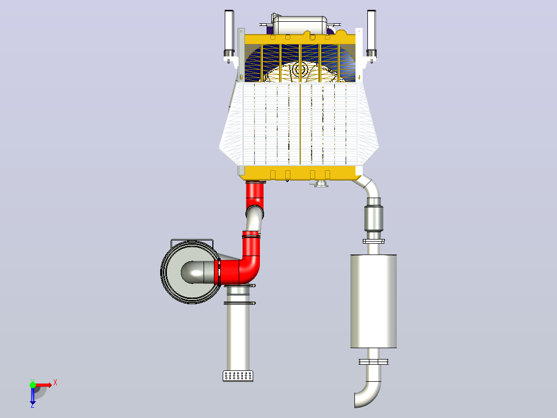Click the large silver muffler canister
pyautogui.click(x=374, y=301)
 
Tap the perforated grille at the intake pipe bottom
pyautogui.click(x=238, y=376)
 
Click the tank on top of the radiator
pyautogui.click(x=300, y=25)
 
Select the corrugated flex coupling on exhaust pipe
pyautogui.click(x=374, y=218)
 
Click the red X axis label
pyautogui.click(x=55, y=383)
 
